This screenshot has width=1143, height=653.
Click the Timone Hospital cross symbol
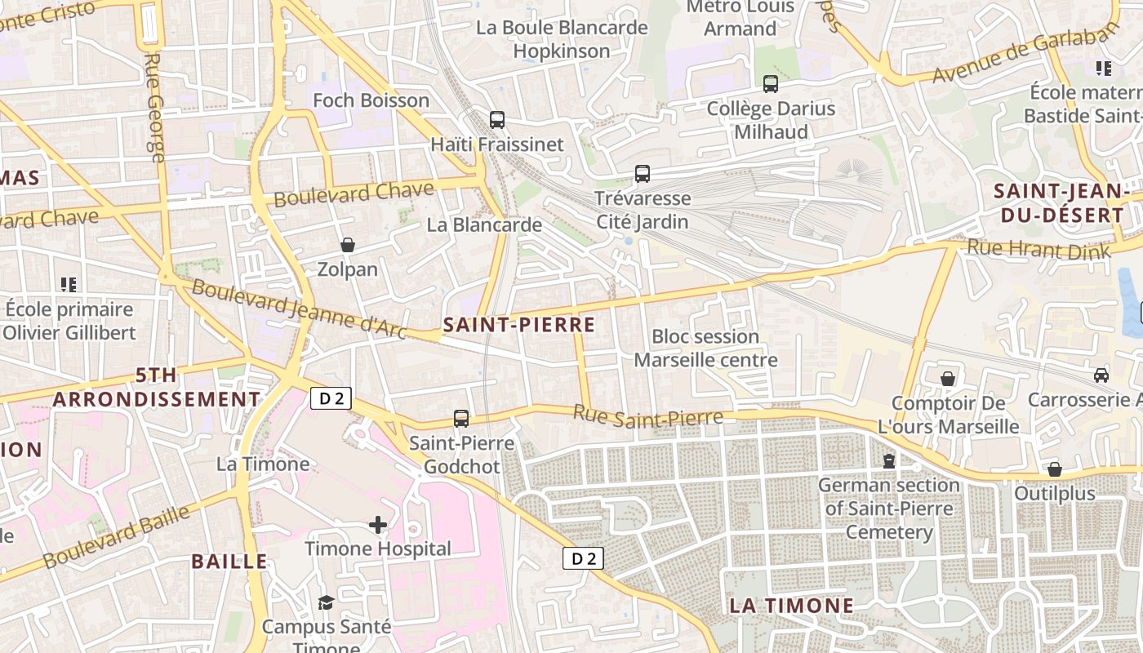pos(377,524)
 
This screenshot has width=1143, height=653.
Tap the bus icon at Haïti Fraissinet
pos(497,120)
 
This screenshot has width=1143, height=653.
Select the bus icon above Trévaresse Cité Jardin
pos(643,174)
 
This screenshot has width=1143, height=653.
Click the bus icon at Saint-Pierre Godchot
pos(461,419)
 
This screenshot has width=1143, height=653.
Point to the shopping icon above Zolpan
pos(348,245)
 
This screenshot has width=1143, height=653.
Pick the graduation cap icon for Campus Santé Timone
pos(326,602)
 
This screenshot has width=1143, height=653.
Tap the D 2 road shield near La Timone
pos(331,398)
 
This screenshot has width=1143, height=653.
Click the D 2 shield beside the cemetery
pos(583,558)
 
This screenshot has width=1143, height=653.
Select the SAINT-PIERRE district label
pos(518,325)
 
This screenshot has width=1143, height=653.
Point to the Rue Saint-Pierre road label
pos(647,415)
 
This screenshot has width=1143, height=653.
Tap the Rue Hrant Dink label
pos(1038,248)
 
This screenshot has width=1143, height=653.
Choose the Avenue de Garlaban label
pos(1025,53)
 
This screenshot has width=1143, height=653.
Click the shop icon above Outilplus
pos(1055,470)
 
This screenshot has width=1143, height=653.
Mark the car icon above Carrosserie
pos(1101,375)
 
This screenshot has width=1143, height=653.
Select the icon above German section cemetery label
pos(889,461)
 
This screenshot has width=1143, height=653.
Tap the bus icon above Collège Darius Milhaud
pos(770,84)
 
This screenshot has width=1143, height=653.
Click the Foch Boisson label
pos(371,100)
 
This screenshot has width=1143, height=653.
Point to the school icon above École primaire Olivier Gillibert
pos(69,285)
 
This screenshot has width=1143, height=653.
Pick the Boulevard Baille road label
pos(116,537)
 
